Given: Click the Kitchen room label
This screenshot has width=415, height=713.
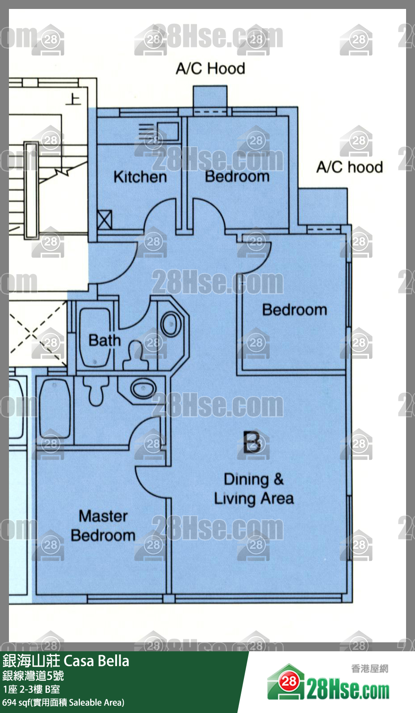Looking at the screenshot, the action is (140, 177).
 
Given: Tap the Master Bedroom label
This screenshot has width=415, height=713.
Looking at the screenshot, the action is (103, 526).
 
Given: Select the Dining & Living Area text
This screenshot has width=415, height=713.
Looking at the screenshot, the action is (254, 489).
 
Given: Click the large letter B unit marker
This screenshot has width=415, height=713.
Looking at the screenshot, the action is (252, 442).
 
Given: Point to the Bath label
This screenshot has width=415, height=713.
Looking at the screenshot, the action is (105, 340).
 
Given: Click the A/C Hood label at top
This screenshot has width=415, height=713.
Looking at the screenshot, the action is (210, 69).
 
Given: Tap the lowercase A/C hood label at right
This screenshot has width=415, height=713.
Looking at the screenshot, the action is (349, 167).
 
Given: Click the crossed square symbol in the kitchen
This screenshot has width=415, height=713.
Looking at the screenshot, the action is (104, 220).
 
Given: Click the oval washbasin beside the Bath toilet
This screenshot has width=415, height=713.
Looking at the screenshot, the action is (171, 324).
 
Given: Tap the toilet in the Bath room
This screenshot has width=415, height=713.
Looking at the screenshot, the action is (136, 355).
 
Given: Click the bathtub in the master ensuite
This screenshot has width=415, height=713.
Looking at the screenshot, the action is (55, 409).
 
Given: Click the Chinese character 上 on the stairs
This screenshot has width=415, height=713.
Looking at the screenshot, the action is (73, 99).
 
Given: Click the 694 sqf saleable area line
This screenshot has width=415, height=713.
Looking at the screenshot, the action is (63, 703).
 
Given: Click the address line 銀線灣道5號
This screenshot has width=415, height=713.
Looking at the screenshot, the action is (33, 676).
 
